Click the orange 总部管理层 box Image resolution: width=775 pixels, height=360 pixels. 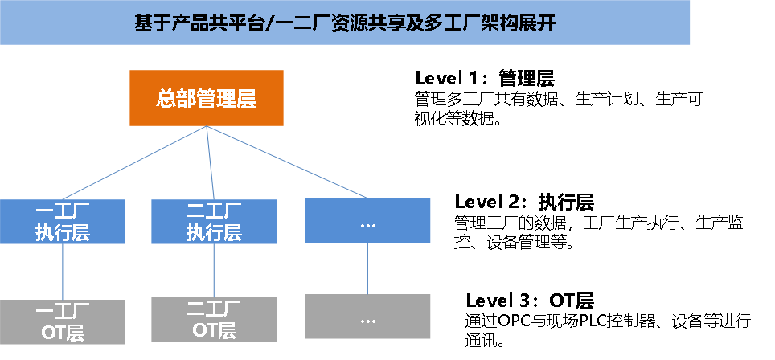(x=207, y=98)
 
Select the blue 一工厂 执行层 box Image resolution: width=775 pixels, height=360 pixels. (x=63, y=222)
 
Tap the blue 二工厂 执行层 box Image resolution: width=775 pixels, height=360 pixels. (x=214, y=222)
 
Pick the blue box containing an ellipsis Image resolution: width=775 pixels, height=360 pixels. (x=367, y=220)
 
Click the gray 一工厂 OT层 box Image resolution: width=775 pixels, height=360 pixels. (x=63, y=322)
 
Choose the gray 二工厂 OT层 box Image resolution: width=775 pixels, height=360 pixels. (x=214, y=320)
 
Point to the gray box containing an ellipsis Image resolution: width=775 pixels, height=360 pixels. (x=367, y=317)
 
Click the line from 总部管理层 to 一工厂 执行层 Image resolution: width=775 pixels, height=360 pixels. (x=134, y=162)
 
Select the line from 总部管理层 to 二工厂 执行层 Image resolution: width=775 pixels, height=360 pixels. (x=210, y=162)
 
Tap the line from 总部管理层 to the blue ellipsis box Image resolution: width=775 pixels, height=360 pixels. (x=287, y=162)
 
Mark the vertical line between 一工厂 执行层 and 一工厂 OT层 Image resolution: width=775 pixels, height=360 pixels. (x=63, y=272)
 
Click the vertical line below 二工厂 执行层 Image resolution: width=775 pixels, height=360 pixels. (x=214, y=271)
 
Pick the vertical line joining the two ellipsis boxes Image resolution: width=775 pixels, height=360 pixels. (x=367, y=268)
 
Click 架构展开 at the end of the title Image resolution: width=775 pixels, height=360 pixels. (x=521, y=22)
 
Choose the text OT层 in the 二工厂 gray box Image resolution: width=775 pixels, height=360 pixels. (x=214, y=330)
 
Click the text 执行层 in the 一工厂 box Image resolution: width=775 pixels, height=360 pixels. (x=63, y=233)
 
